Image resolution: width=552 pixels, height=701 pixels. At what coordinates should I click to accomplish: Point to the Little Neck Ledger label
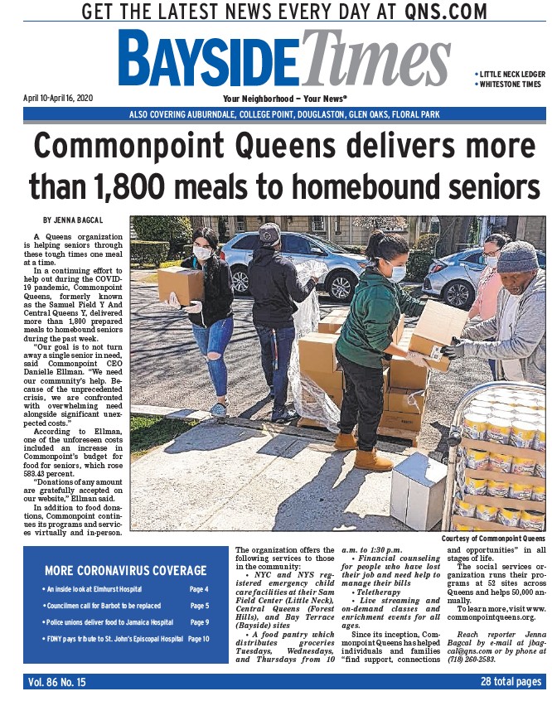pos(511,74)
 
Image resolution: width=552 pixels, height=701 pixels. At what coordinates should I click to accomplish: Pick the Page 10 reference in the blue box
pos(199,639)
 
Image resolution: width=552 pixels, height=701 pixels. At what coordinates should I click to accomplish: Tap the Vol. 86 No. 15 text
pos(57,682)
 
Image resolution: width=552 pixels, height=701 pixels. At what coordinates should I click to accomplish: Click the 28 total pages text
pos(511,682)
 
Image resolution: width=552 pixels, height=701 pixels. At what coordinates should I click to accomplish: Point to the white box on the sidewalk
pos(419,490)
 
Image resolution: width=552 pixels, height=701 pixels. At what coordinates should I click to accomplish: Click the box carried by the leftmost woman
pos(180,284)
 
